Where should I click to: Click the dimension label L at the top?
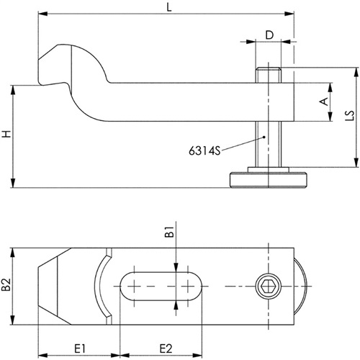[169, 7]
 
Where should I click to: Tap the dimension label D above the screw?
[269, 35]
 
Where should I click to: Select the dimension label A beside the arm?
[324, 102]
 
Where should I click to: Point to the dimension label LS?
[351, 115]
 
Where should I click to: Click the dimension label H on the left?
[7, 134]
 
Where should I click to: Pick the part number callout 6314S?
[204, 151]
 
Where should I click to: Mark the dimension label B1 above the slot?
[169, 232]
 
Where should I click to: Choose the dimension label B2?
[6, 284]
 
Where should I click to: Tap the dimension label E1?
[80, 348]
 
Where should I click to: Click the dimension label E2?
[166, 348]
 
